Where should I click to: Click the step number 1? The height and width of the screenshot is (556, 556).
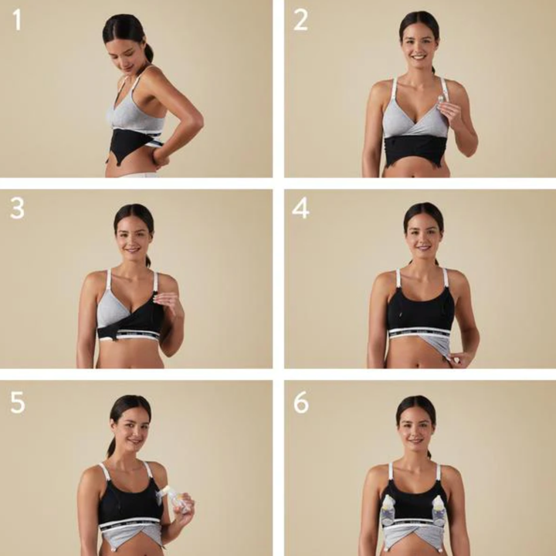[16, 19]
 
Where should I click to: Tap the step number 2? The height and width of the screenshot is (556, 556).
[301, 20]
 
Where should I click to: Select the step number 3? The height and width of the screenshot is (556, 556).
[17, 208]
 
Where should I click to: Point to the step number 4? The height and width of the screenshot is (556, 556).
[301, 208]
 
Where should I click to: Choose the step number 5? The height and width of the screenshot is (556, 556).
[17, 402]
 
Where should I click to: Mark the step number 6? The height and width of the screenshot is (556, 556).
[301, 402]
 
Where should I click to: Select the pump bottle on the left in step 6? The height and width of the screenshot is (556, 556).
[388, 510]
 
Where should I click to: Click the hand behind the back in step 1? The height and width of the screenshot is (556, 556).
[161, 157]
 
